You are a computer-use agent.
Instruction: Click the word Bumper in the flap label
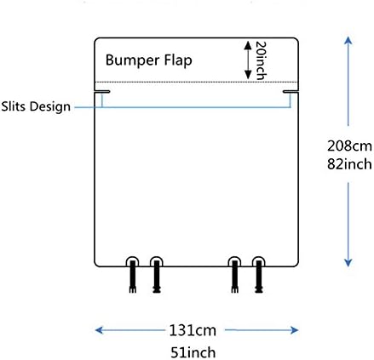[132, 60]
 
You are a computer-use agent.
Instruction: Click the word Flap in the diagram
[178, 60]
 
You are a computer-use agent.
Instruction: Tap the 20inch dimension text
[261, 60]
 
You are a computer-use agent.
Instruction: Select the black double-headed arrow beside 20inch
[248, 60]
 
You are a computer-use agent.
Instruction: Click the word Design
[50, 107]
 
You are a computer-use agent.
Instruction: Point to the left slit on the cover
[102, 91]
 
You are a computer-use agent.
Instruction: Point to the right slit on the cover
[291, 91]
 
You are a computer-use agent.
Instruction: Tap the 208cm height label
[349, 146]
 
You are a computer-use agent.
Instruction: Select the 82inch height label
[349, 164]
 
